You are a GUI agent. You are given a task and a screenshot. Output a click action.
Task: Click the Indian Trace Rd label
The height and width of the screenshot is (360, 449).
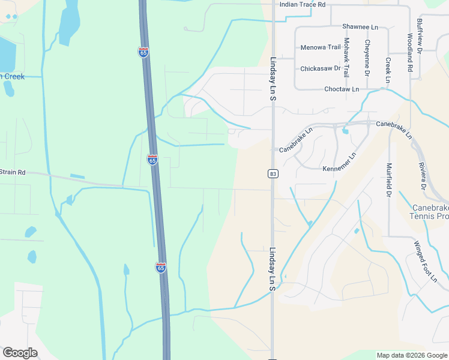click(x=303, y=4)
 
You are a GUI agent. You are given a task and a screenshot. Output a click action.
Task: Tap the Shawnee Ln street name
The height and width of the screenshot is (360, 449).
click(x=360, y=27)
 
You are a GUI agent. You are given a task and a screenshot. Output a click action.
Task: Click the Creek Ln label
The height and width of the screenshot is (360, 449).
click(x=388, y=70)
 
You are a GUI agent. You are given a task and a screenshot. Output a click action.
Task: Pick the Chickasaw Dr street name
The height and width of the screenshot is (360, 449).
click(x=320, y=68)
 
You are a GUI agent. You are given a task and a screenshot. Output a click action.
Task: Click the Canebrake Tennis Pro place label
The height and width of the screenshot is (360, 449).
click(x=429, y=212)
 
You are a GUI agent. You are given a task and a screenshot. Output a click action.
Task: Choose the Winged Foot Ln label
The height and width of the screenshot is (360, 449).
click(x=425, y=261)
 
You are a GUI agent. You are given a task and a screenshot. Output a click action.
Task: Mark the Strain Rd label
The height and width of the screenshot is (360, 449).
click(x=13, y=172)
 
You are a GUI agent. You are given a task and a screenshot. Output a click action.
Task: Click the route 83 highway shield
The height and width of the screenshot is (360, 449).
click(x=273, y=174)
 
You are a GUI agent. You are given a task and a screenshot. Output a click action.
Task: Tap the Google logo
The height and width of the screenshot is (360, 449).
click(x=20, y=353)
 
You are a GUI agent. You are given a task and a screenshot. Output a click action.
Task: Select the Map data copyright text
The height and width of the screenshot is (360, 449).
click(x=412, y=355)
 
